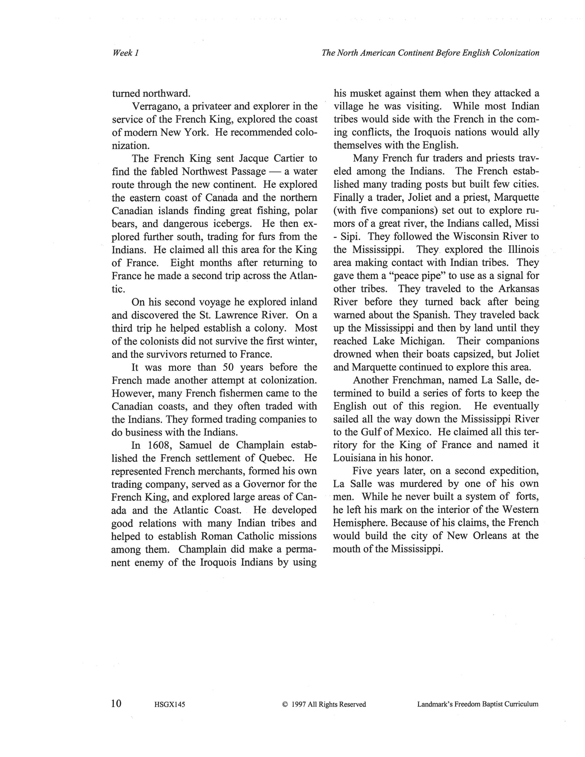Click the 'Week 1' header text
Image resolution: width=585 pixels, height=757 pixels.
click(126, 53)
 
